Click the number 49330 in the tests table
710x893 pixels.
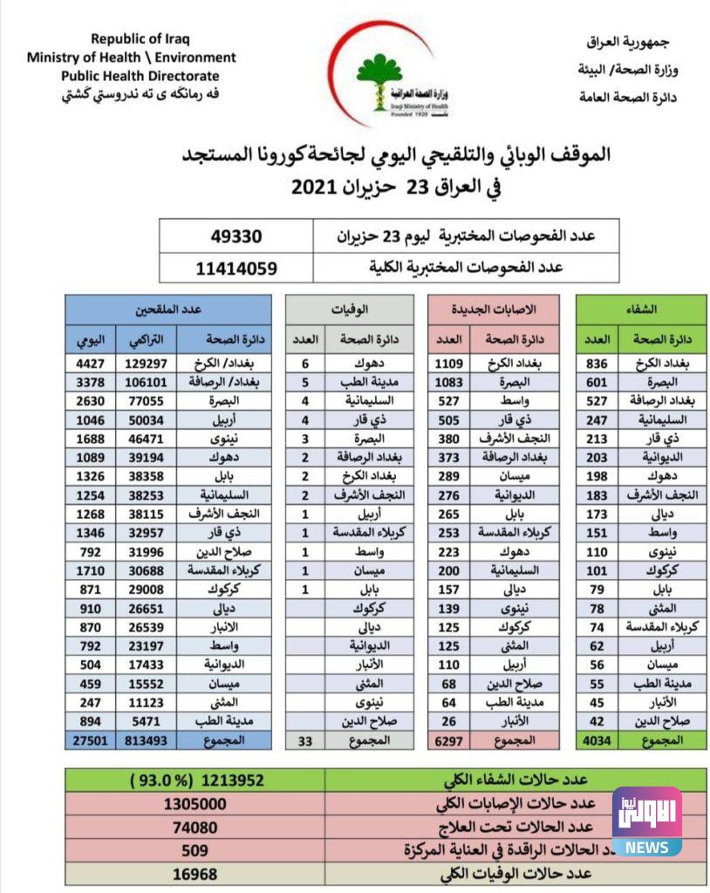pyautogui.click(x=236, y=235)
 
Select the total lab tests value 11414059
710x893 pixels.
pyautogui.click(x=236, y=268)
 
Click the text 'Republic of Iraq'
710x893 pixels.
pyautogui.click(x=140, y=38)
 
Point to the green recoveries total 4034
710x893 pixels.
pyautogui.click(x=597, y=740)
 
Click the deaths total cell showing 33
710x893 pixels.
pyautogui.click(x=305, y=740)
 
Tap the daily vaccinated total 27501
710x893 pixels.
pyautogui.click(x=90, y=740)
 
